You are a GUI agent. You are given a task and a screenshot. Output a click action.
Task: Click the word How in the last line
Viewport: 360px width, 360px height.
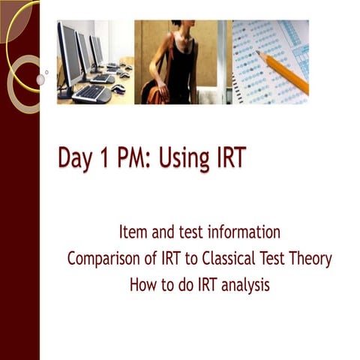pos(143,284)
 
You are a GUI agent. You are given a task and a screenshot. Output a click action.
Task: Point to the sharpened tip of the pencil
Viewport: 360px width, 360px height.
pos(259,52)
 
